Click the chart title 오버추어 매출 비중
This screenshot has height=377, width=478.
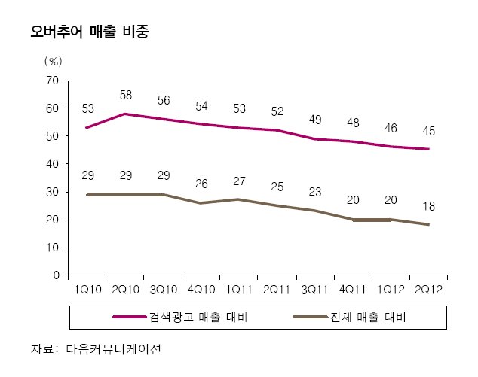tap(90, 32)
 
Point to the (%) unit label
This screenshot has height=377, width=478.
tap(54, 62)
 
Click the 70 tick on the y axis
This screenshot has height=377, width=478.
tap(52, 81)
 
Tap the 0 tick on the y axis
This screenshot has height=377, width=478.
tap(56, 275)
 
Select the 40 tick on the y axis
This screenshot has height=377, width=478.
tap(52, 164)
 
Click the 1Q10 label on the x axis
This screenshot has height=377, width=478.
tap(87, 290)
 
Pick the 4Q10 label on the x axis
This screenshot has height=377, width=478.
tap(201, 290)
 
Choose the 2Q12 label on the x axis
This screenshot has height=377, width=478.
tap(428, 290)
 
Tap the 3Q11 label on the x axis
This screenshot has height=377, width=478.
tap(314, 290)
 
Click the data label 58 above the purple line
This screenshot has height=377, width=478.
tap(126, 96)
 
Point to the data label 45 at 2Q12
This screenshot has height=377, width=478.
tap(428, 131)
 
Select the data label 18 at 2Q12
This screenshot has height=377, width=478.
tap(428, 206)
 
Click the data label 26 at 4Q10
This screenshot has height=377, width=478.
tap(201, 184)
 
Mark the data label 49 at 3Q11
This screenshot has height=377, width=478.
tap(315, 120)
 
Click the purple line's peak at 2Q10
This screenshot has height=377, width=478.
tap(125, 114)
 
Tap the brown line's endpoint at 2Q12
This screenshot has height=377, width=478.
tap(428, 224)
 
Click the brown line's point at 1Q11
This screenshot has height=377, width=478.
tap(239, 199)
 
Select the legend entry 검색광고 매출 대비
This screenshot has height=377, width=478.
tap(180, 317)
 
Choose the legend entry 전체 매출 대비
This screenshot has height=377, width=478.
tap(350, 317)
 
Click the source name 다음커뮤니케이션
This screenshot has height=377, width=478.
tap(113, 349)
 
